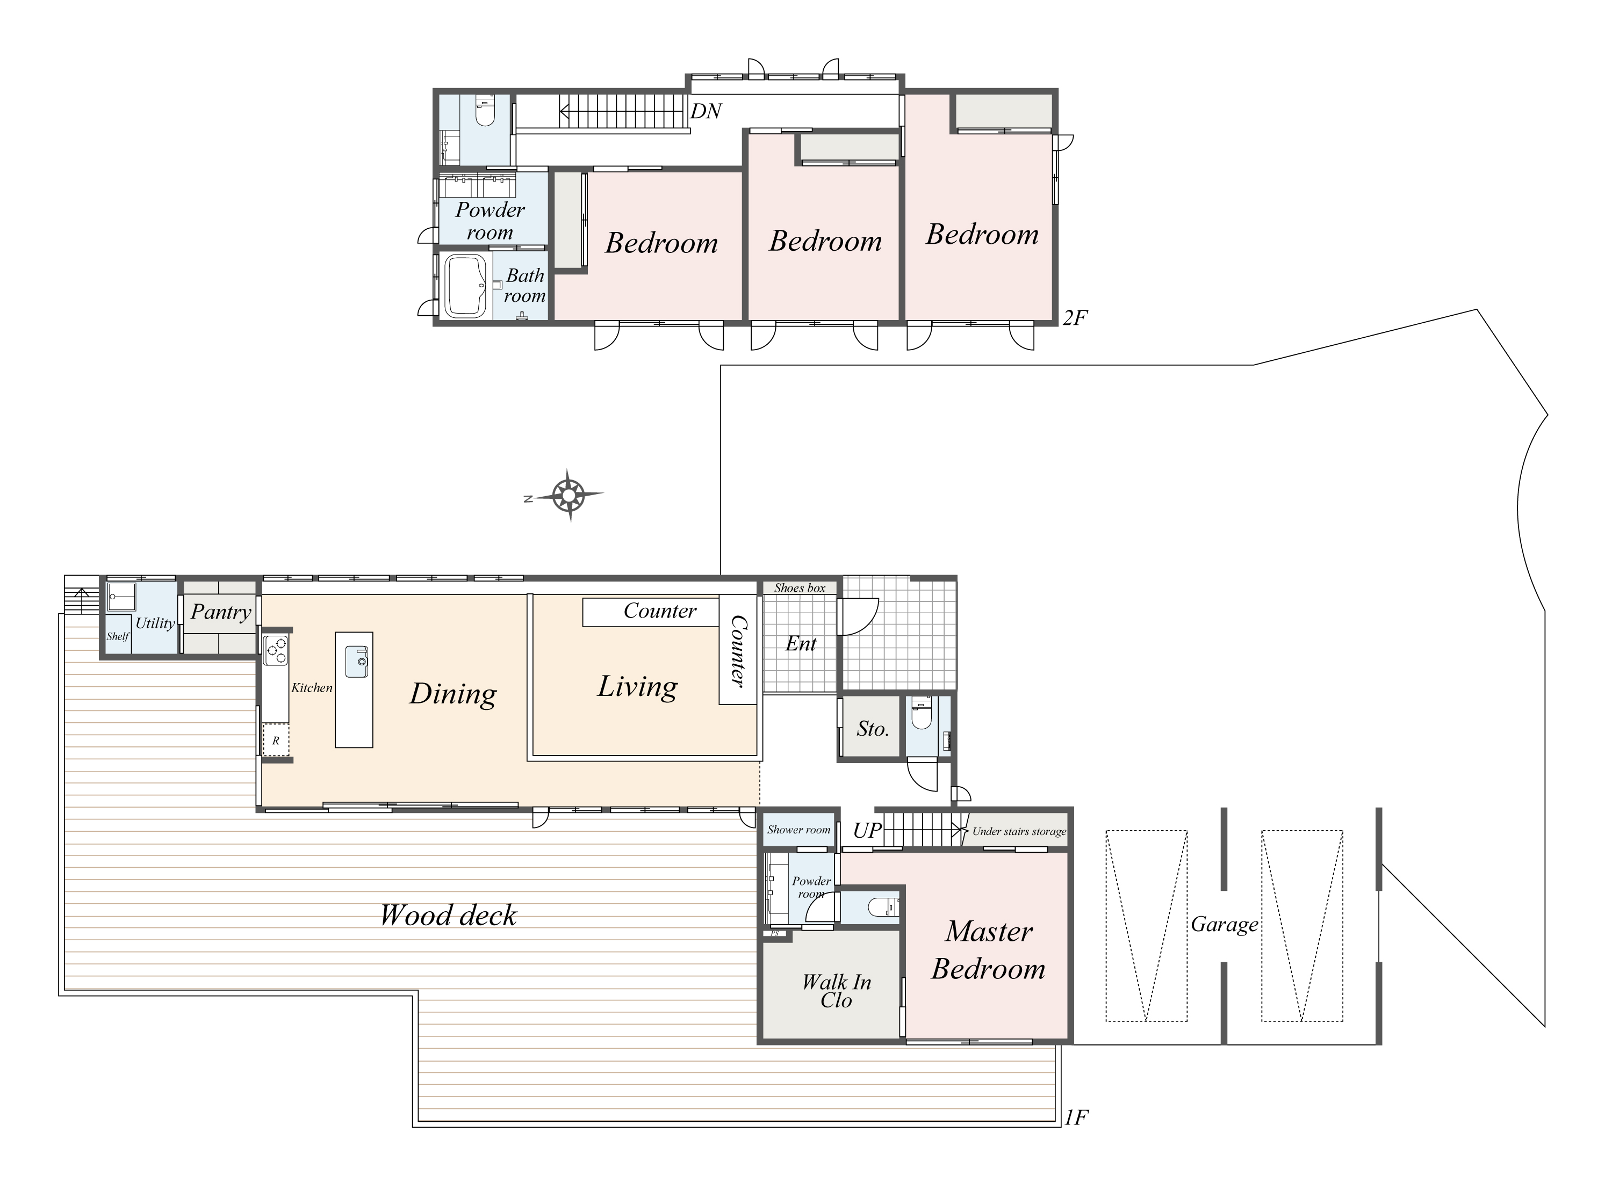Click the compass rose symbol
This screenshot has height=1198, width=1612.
(569, 496)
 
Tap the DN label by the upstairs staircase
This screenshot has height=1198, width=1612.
(706, 111)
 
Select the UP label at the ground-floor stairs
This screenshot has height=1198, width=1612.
(867, 830)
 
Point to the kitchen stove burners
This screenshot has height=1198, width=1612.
(276, 649)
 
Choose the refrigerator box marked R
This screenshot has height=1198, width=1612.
(276, 740)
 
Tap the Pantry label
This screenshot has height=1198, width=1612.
(221, 613)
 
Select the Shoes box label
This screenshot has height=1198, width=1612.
(800, 588)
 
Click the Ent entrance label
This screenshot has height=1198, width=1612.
(801, 644)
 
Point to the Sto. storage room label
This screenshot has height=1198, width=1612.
(872, 729)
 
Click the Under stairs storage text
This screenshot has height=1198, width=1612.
(1019, 832)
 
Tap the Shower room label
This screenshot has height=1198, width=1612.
(798, 830)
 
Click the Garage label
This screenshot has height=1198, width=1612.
(1225, 925)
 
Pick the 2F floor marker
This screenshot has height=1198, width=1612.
(1075, 318)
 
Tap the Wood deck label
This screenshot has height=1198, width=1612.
(448, 915)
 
